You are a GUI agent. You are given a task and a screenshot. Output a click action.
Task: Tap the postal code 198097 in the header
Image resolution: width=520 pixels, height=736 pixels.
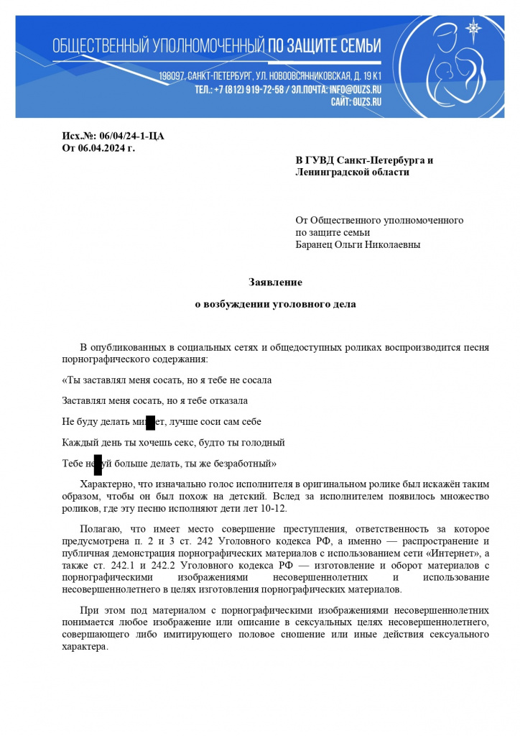(x=173, y=76)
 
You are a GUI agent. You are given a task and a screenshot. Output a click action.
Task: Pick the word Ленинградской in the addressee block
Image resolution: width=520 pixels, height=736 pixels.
(x=332, y=172)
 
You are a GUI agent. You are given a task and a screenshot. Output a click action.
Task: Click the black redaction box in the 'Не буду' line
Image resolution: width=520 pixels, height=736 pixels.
(x=150, y=422)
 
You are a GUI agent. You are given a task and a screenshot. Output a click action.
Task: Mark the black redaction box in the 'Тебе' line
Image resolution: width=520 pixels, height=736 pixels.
(x=98, y=463)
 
